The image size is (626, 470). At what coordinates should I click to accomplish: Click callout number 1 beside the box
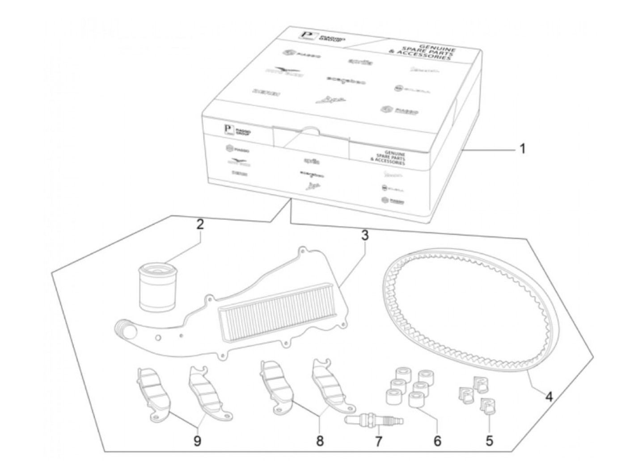point(522,149)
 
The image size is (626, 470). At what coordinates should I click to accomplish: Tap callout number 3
point(365,235)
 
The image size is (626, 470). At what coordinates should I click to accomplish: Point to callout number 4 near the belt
point(548,396)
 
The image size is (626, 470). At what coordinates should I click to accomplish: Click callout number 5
point(489,441)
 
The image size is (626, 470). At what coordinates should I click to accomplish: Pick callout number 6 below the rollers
point(437,441)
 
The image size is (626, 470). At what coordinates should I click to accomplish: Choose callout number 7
point(378,442)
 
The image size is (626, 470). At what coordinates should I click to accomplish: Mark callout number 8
point(320,441)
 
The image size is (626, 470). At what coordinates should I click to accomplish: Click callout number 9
point(197,441)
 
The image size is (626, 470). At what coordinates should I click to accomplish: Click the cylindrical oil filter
point(155,287)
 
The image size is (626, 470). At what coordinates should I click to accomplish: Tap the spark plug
point(375,420)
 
